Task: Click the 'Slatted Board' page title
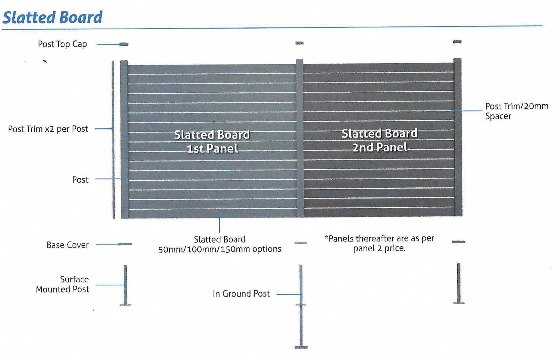[52, 17]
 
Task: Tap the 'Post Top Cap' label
[63, 44]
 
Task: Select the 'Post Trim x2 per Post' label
[48, 129]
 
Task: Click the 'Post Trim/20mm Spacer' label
[516, 111]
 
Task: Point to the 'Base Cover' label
[68, 245]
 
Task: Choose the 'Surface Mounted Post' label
[63, 284]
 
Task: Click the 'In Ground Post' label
[241, 294]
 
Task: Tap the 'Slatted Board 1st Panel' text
[212, 141]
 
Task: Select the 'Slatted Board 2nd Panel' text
[380, 140]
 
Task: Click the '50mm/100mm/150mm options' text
[220, 249]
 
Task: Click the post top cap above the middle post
[299, 43]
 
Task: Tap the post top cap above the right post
[457, 42]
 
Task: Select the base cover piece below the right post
[459, 242]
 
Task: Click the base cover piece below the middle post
[300, 243]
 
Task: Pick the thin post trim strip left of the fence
[113, 139]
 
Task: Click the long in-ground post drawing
[301, 306]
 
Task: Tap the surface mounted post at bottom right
[459, 283]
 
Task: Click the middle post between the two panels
[300, 138]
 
